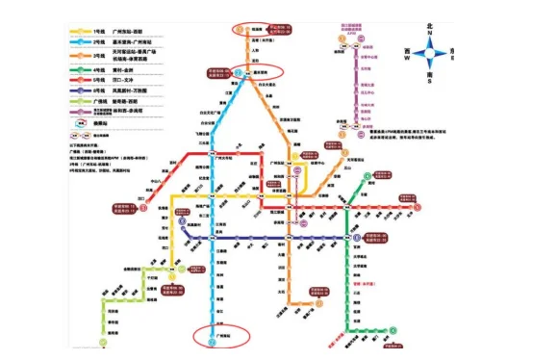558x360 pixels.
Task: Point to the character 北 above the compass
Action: (x=431, y=22)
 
